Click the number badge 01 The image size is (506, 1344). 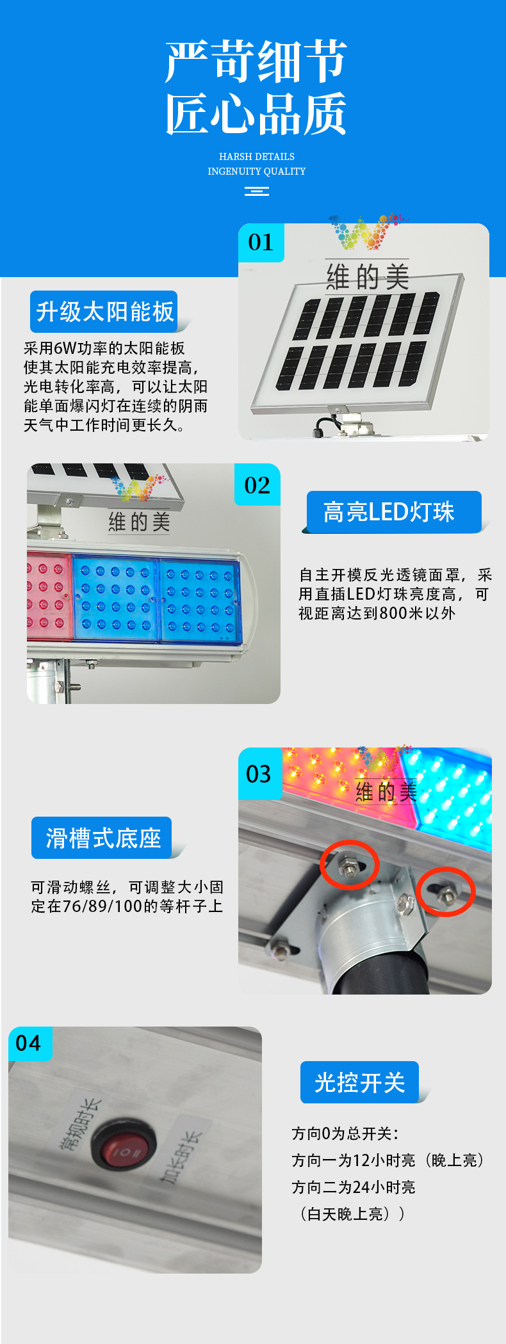pyautogui.click(x=261, y=243)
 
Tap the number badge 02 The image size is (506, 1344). pyautogui.click(x=257, y=485)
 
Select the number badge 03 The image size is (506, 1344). pyautogui.click(x=259, y=774)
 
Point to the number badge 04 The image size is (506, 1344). pyautogui.click(x=29, y=1044)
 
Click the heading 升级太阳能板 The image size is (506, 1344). pyautogui.click(x=104, y=312)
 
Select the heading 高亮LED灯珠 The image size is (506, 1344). pyautogui.click(x=389, y=512)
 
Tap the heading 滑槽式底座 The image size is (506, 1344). pyautogui.click(x=102, y=838)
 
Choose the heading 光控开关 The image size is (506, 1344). pyautogui.click(x=359, y=1082)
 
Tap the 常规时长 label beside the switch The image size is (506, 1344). pyautogui.click(x=81, y=1126)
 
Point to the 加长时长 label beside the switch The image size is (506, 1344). pyautogui.click(x=180, y=1157)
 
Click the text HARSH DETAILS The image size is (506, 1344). pyautogui.click(x=257, y=157)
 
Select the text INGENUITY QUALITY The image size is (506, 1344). pyautogui.click(x=257, y=172)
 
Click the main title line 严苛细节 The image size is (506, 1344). pyautogui.click(x=256, y=61)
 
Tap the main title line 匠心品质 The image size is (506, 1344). pyautogui.click(x=256, y=114)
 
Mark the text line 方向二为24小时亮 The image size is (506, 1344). pyautogui.click(x=354, y=1187)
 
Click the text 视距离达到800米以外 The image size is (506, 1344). pyautogui.click(x=377, y=613)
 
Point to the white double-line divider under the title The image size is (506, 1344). pyautogui.click(x=257, y=191)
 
